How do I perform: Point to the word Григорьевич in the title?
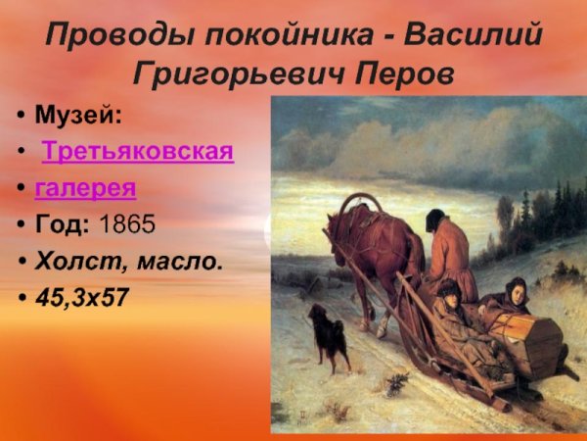228,75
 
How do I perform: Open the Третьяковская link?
138,152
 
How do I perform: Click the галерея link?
85,187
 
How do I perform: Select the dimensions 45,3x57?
81,297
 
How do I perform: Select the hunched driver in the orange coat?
450,250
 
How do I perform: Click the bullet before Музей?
20,117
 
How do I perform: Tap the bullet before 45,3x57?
20,298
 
